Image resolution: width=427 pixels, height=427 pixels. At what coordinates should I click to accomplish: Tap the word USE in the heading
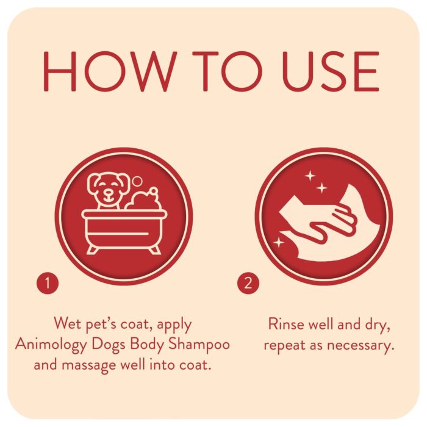(x=331, y=71)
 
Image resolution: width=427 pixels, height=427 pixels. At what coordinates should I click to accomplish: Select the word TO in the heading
(x=227, y=71)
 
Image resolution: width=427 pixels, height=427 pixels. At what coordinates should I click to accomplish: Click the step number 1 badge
(x=48, y=283)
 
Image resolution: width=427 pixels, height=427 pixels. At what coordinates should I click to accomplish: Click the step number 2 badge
(x=248, y=283)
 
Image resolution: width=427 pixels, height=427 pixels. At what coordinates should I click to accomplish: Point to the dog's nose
(x=109, y=193)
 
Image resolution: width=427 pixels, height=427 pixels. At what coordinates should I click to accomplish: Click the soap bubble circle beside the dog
(x=137, y=181)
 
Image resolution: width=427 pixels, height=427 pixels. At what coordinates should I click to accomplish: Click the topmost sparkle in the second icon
(x=310, y=176)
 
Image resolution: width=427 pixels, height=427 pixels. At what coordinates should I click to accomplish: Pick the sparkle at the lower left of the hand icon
(x=279, y=242)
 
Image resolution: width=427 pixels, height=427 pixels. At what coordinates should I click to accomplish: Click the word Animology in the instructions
(x=51, y=345)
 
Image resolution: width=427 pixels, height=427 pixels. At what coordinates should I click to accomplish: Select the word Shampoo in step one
(x=199, y=345)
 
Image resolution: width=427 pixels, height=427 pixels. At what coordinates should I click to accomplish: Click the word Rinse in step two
(x=286, y=325)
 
